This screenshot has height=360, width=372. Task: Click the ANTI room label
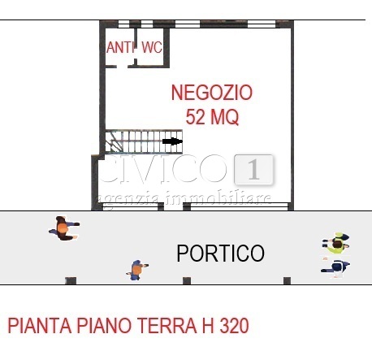click(x=120, y=48)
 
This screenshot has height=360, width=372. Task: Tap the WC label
click(x=152, y=48)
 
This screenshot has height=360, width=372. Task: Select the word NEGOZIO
click(x=212, y=93)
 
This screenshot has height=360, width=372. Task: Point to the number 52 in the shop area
click(x=197, y=117)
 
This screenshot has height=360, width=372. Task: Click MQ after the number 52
click(x=224, y=117)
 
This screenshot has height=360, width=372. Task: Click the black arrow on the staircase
click(x=171, y=141)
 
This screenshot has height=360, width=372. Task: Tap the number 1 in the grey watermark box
click(x=253, y=171)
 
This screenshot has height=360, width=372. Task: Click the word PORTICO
click(x=220, y=254)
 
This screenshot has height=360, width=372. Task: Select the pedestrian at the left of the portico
click(x=63, y=228)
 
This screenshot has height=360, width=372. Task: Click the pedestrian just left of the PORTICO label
click(x=137, y=269)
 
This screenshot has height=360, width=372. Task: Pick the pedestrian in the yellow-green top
click(x=335, y=242)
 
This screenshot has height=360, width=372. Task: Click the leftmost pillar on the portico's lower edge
click(x=71, y=281)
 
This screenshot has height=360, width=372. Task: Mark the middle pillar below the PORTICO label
click(x=187, y=281)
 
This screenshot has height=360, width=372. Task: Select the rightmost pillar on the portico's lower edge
click(x=287, y=281)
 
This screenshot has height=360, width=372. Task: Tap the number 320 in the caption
click(x=231, y=327)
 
